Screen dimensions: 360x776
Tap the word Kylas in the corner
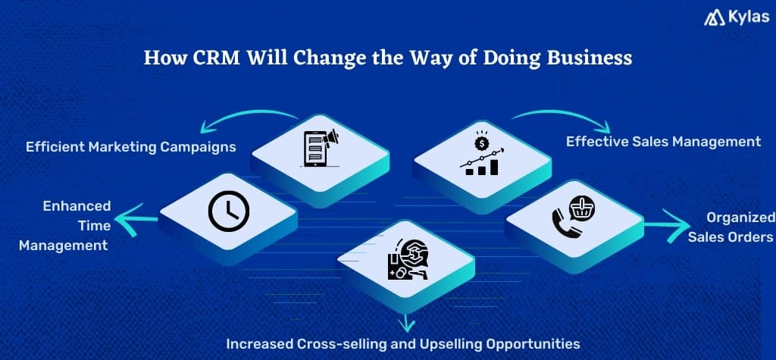744,17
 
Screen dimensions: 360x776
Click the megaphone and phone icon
319,148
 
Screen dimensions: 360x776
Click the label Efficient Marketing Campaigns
130,147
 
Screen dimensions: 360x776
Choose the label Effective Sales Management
663,141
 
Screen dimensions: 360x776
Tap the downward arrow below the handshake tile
408,321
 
